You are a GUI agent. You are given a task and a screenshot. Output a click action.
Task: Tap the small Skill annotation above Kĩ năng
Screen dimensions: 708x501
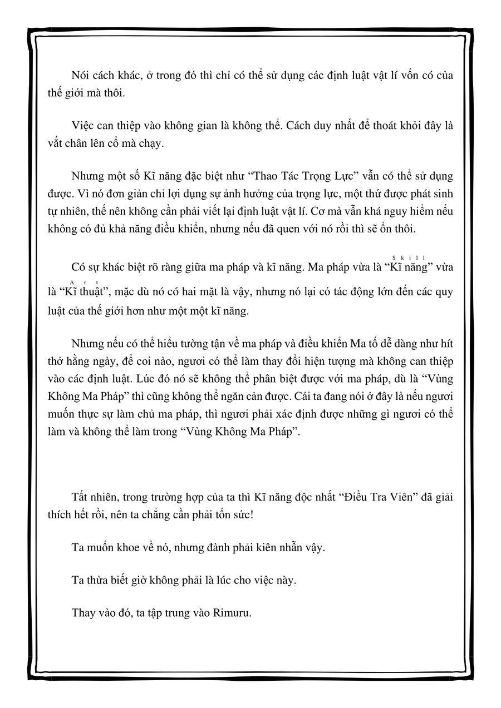click(409, 257)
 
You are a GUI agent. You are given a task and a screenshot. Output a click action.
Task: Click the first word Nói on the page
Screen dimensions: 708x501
click(81, 76)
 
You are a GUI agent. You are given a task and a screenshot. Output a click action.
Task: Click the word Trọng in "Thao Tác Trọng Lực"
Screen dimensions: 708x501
click(321, 176)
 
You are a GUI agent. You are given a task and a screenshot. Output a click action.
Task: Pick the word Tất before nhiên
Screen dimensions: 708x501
click(80, 497)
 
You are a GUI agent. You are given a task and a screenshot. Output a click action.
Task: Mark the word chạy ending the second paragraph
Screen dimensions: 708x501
click(152, 143)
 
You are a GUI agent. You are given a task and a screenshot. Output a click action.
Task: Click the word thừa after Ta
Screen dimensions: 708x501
click(97, 580)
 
